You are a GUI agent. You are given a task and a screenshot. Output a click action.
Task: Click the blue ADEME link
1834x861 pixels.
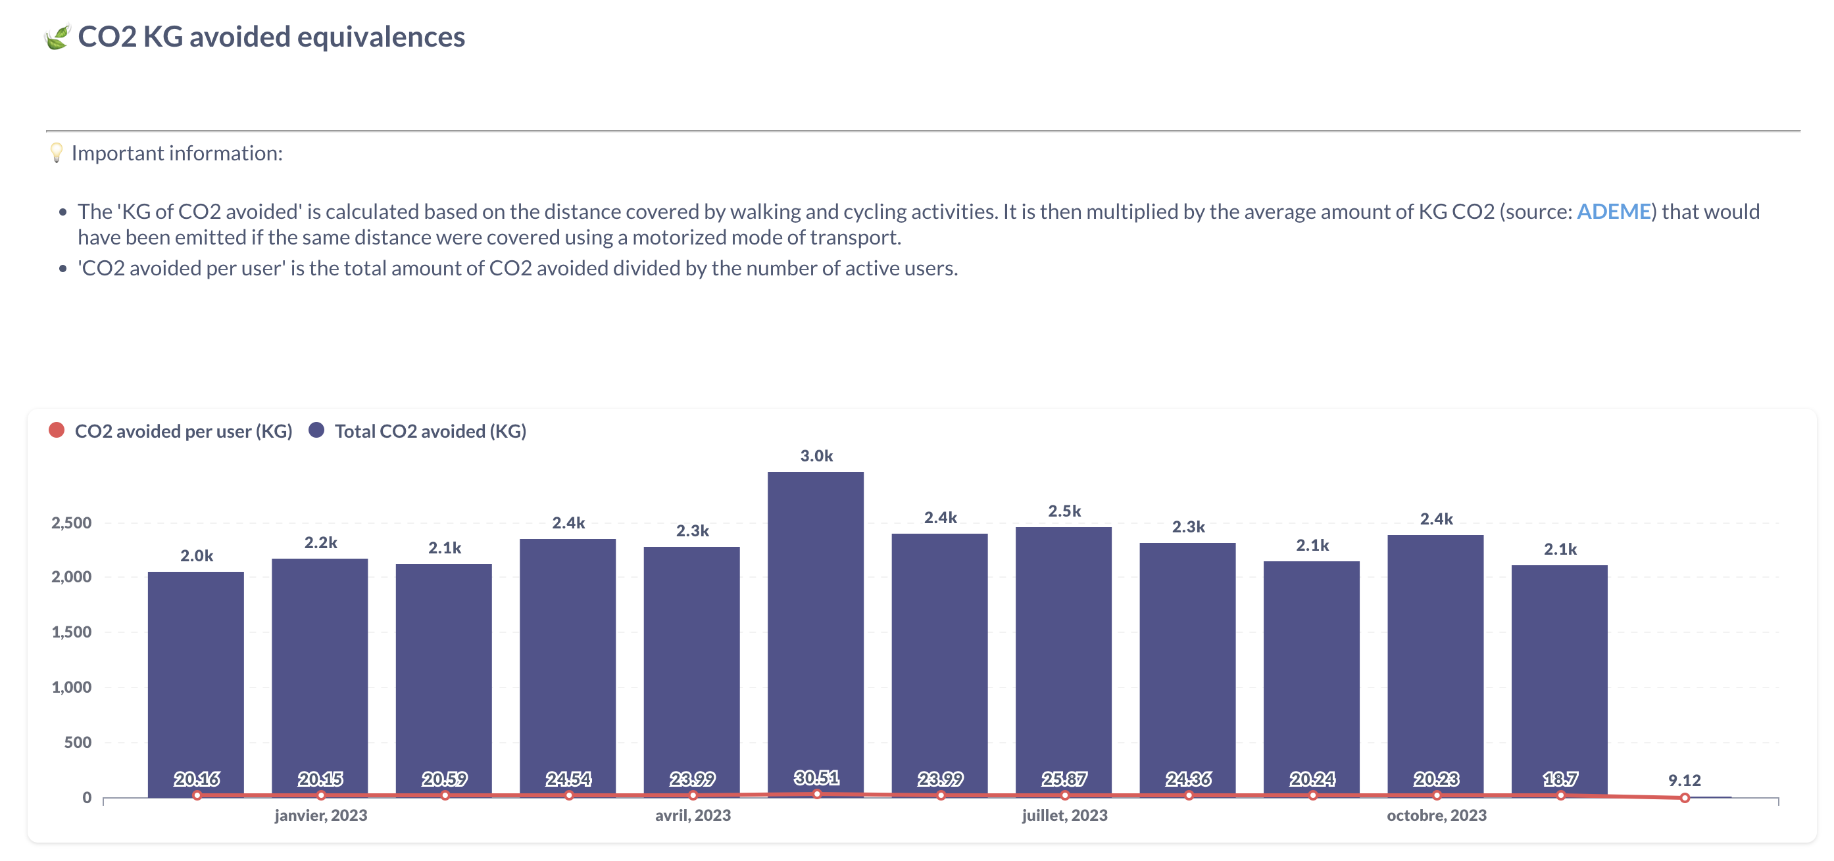pos(1613,212)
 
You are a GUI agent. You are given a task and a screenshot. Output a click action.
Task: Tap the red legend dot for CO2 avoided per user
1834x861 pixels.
pos(57,430)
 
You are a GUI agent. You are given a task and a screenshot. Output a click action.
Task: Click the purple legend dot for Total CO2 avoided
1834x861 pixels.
pos(317,430)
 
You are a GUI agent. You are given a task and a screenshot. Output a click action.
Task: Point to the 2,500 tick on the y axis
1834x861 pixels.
pos(71,523)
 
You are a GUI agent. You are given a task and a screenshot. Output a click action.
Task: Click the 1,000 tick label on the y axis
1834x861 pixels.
pos(71,687)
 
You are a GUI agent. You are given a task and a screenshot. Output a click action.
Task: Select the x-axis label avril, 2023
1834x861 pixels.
pos(693,816)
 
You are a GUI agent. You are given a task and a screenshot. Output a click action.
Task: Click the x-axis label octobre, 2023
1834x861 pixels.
pos(1436,816)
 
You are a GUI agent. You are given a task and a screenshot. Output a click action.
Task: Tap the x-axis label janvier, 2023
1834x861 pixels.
pos(321,816)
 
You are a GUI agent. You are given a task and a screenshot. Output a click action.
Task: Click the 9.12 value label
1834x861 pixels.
pos(1684,781)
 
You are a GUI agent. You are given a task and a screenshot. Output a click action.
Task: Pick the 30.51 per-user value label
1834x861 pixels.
pos(816,778)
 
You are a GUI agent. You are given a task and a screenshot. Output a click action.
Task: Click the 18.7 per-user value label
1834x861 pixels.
pos(1560,779)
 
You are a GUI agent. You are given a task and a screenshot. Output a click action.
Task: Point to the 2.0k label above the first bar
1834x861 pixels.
pos(197,556)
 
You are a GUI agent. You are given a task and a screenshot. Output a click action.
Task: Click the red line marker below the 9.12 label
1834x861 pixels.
pos(1685,798)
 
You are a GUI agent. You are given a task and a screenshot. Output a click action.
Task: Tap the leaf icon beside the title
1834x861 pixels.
pos(57,37)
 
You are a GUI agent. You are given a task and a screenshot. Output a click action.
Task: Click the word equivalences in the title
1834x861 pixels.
pos(381,37)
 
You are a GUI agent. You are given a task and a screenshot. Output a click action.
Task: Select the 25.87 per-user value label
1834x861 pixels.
pos(1064,779)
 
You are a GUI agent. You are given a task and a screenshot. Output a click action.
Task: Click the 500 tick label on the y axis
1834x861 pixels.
pos(78,742)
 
